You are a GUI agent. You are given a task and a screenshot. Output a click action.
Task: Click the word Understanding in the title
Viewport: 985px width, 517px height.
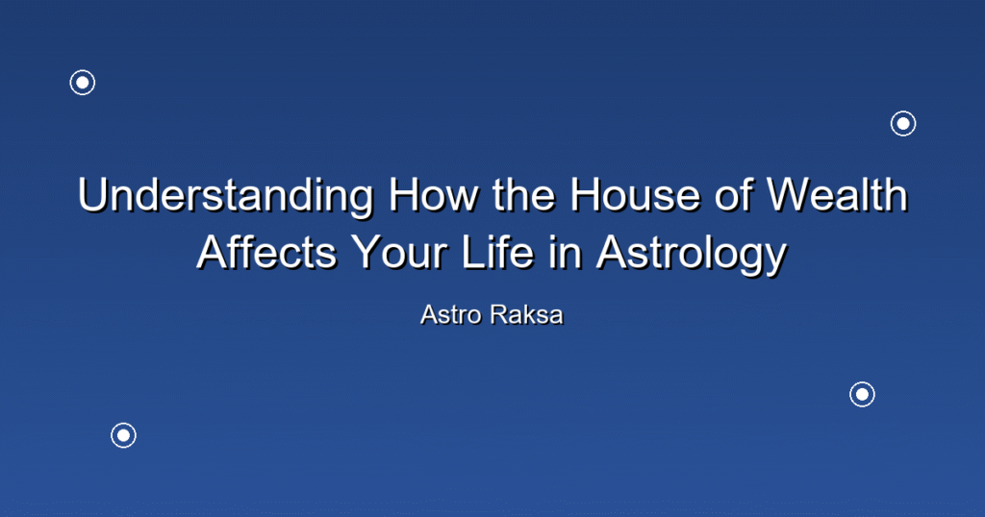[x=226, y=196]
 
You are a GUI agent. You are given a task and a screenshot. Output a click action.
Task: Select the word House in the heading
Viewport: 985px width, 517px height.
[x=635, y=195]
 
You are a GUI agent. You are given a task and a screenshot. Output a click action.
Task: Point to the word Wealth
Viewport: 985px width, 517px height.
[x=838, y=195]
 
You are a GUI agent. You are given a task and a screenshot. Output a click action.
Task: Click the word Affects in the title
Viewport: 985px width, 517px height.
[x=267, y=253]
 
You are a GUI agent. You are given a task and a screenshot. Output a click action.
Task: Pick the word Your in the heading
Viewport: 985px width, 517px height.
[x=399, y=253]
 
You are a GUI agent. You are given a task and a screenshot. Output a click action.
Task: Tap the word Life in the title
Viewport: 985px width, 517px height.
[x=497, y=253]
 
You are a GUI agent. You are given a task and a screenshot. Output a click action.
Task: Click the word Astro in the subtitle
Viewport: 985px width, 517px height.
[x=451, y=315]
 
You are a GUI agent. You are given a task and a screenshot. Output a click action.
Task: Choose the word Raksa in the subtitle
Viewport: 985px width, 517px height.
[x=527, y=315]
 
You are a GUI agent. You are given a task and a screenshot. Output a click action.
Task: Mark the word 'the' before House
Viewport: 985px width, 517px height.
[x=524, y=195]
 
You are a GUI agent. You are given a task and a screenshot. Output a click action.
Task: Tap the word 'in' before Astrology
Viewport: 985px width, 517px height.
[x=565, y=253]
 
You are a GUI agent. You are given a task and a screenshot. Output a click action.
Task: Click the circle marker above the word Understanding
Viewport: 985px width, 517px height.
[x=83, y=83]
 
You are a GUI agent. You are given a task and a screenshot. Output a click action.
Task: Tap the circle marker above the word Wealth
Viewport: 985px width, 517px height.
[x=903, y=124]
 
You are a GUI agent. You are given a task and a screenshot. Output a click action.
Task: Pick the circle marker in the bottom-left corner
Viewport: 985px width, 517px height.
[x=124, y=435]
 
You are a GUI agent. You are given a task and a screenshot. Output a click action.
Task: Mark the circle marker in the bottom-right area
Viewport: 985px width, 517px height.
[x=863, y=395]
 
